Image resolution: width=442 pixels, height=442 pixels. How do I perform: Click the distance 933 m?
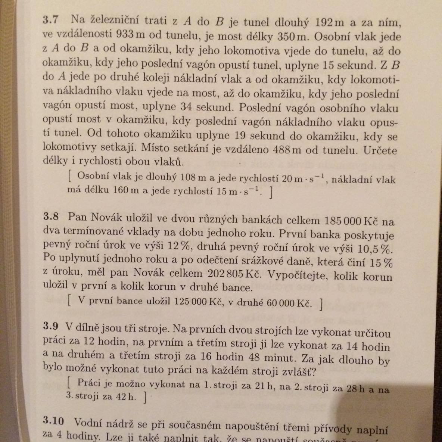130,34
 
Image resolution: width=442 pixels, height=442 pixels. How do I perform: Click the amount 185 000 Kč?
348,221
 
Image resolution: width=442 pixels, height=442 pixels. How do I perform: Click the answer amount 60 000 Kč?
289,303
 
